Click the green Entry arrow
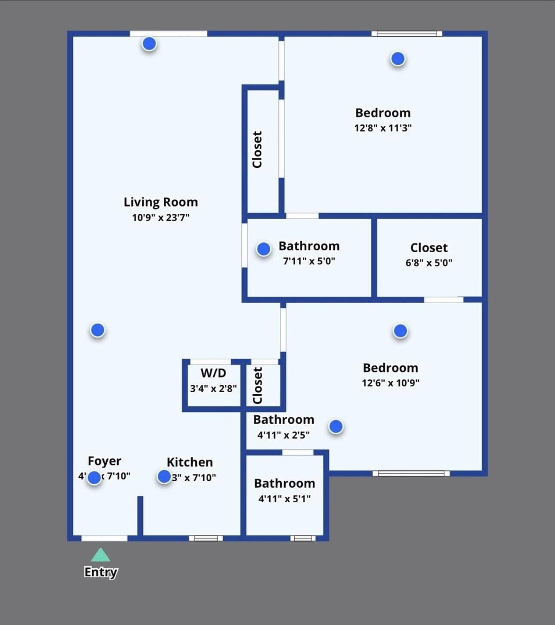click(100, 555)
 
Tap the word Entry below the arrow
click(101, 572)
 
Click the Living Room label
click(160, 202)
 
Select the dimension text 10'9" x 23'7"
click(160, 217)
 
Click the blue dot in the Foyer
click(94, 477)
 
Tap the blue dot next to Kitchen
click(164, 476)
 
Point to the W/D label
click(213, 373)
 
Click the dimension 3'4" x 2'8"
click(213, 388)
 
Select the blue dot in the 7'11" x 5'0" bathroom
click(263, 249)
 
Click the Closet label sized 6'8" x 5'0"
click(429, 248)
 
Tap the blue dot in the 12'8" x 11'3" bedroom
click(398, 59)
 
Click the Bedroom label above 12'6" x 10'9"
click(390, 368)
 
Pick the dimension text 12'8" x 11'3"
click(382, 128)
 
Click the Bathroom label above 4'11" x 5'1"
click(284, 483)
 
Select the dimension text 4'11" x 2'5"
click(283, 435)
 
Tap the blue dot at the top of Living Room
click(149, 43)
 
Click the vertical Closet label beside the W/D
click(257, 385)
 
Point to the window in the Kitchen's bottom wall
click(206, 538)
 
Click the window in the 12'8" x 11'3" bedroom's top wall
click(407, 34)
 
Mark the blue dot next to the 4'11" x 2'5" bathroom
click(336, 427)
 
